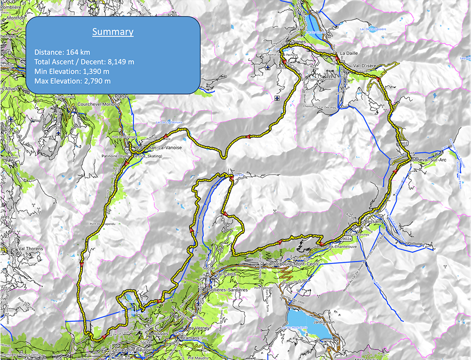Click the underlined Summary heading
[113, 32]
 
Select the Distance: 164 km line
[62, 52]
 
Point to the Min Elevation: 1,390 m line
[72, 72]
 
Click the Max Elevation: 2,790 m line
[73, 81]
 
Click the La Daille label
[349, 53]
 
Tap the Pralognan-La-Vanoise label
[158, 148]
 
